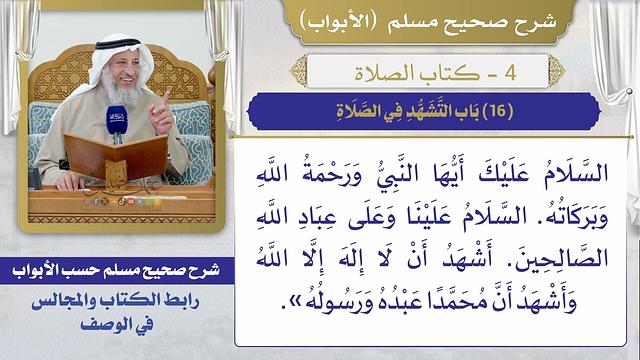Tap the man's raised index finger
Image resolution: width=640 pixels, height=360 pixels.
click(x=167, y=99)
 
